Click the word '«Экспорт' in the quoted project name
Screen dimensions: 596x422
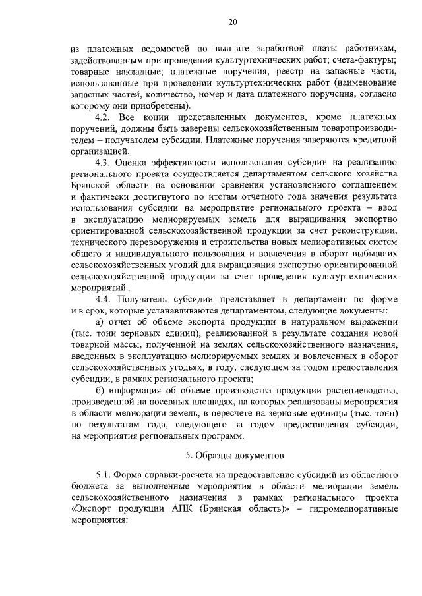[93, 509]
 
